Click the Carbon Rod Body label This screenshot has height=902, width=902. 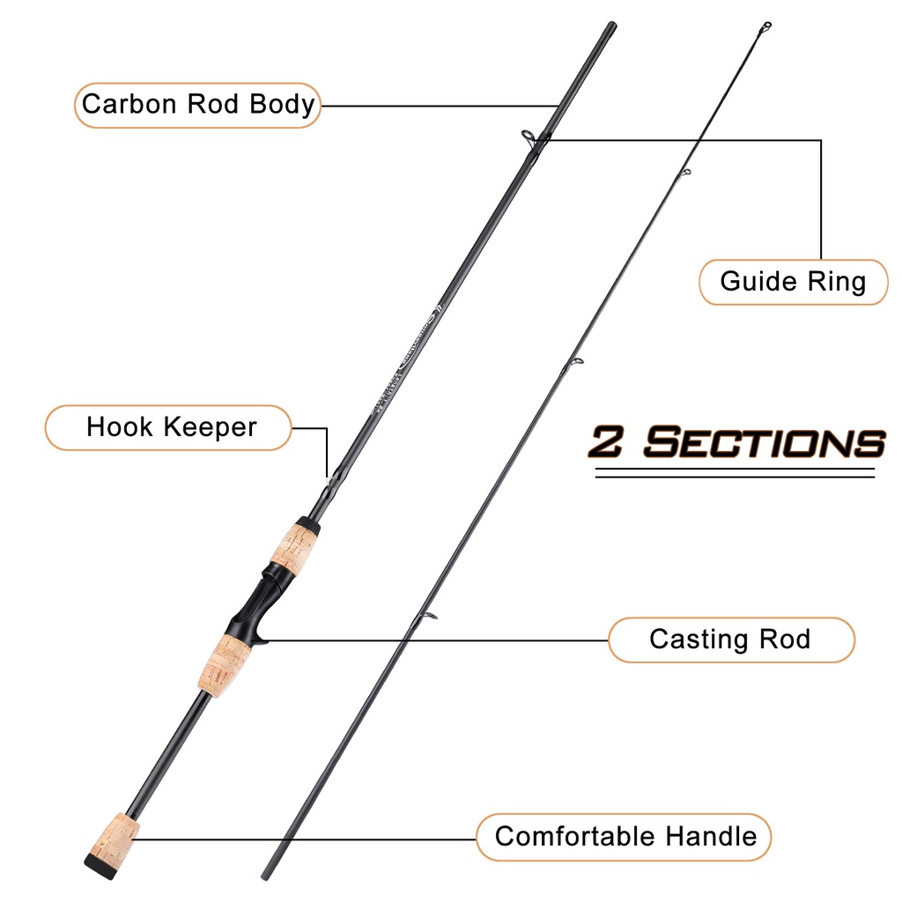(197, 104)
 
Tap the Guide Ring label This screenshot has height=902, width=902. (793, 282)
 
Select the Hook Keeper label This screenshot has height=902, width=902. (171, 428)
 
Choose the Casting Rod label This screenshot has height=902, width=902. (729, 639)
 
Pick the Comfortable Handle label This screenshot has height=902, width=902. (625, 835)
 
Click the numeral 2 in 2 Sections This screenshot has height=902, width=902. (608, 442)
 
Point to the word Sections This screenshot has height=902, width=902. (763, 442)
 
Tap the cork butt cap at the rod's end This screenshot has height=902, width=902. (113, 844)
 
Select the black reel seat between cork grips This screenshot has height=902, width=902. (255, 599)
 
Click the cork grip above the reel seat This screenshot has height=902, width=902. (294, 543)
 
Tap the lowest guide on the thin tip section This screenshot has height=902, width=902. (428, 616)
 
